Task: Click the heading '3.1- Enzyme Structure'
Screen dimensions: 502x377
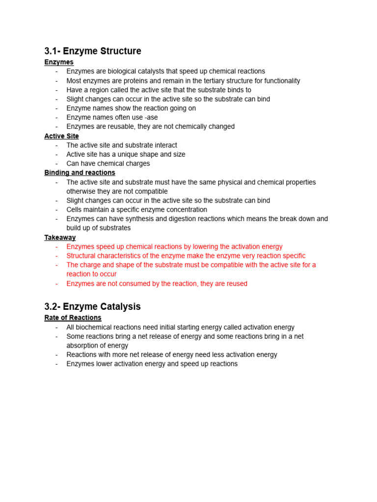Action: [93, 51]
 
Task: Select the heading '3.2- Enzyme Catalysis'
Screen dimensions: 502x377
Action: [92, 306]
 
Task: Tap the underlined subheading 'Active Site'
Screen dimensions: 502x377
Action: [61, 136]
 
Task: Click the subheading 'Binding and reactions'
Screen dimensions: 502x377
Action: [80, 173]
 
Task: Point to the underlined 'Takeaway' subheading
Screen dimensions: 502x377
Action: [60, 237]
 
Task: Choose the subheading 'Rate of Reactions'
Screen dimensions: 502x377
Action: [73, 318]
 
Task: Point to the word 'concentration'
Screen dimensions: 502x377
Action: [186, 209]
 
